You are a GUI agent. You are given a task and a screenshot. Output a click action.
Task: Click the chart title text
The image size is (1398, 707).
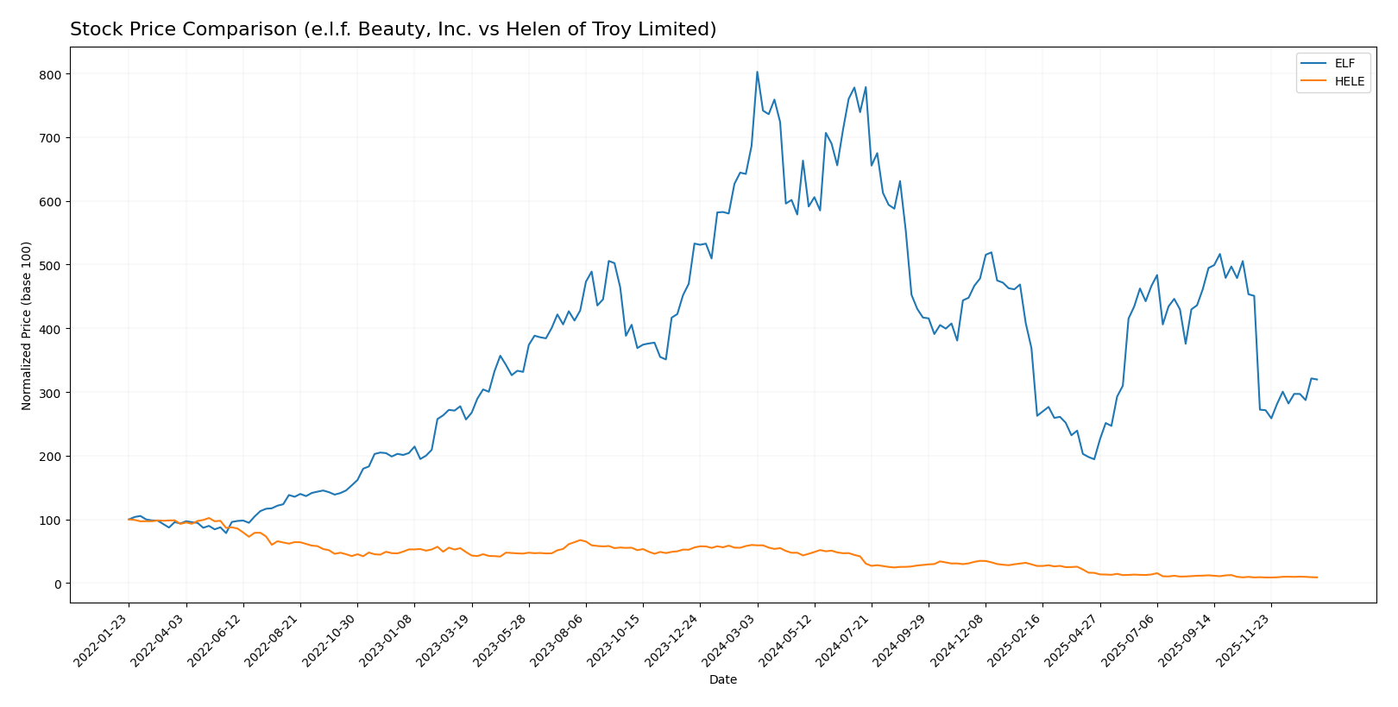click(x=393, y=29)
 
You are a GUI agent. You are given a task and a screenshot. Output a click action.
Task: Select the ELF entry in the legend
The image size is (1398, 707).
click(x=1344, y=64)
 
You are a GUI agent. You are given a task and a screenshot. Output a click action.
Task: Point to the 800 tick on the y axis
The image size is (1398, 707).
click(x=51, y=74)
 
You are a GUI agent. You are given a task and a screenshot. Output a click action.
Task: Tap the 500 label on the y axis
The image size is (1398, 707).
click(x=51, y=265)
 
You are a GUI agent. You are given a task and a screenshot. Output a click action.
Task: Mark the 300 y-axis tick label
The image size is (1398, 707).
click(x=51, y=393)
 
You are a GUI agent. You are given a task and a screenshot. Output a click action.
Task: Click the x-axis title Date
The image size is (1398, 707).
click(x=723, y=680)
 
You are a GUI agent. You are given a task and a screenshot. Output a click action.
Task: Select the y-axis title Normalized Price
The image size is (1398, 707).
click(x=27, y=325)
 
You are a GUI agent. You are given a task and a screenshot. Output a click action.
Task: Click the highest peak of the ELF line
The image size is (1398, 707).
click(x=757, y=73)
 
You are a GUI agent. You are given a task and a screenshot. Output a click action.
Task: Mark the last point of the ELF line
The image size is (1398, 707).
click(x=1316, y=380)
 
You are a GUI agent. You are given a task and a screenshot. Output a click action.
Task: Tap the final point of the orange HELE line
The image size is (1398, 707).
click(x=1316, y=578)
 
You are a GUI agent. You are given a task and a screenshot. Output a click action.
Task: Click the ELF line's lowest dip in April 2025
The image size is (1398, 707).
click(x=1093, y=459)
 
